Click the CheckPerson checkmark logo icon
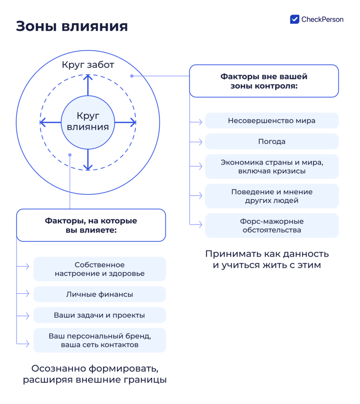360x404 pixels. click(x=294, y=19)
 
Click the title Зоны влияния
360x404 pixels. click(x=72, y=26)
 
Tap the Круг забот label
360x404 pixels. click(x=88, y=65)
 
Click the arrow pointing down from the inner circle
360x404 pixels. click(x=88, y=159)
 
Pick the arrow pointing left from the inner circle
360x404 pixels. click(x=51, y=123)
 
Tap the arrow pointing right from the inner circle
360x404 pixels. click(x=125, y=123)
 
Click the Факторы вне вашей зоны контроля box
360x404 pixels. click(x=264, y=81)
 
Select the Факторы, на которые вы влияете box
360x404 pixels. click(x=91, y=225)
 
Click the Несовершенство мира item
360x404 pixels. click(x=272, y=121)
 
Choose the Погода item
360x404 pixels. click(x=272, y=141)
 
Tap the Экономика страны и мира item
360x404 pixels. click(x=272, y=166)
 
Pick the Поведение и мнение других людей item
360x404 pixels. click(x=272, y=196)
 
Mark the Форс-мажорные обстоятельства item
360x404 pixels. click(x=272, y=226)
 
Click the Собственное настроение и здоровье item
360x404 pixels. click(x=99, y=269)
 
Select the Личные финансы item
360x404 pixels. click(x=99, y=294)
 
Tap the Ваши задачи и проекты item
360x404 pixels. click(x=99, y=315)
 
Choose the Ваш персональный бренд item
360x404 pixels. click(x=99, y=340)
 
